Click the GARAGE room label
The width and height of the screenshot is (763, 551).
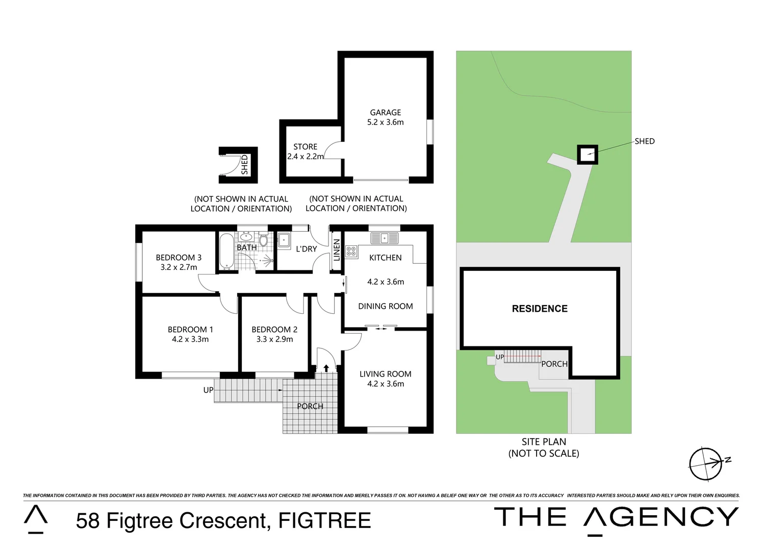(x=385, y=112)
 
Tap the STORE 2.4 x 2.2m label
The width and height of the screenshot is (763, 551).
(x=305, y=152)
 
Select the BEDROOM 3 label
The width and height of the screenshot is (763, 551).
(x=179, y=258)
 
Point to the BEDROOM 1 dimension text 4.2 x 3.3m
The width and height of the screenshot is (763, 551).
(x=190, y=339)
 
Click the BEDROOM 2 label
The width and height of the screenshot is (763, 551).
(x=274, y=330)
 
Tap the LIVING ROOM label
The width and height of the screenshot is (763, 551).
(x=385, y=374)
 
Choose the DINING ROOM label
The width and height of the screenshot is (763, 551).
(x=385, y=306)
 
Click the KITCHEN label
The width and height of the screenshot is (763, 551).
(x=385, y=258)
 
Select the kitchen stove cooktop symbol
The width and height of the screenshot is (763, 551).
(x=351, y=251)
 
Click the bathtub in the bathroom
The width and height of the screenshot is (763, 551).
(x=225, y=251)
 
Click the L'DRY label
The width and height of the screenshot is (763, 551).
(x=306, y=249)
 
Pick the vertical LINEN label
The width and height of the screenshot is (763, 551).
(x=337, y=250)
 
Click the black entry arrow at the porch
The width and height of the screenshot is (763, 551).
(x=326, y=368)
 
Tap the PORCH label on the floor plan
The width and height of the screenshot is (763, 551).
(x=310, y=406)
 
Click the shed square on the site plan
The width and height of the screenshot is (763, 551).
(x=587, y=154)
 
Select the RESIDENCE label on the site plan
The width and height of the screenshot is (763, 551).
(x=540, y=309)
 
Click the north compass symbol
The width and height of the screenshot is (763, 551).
(x=706, y=464)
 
